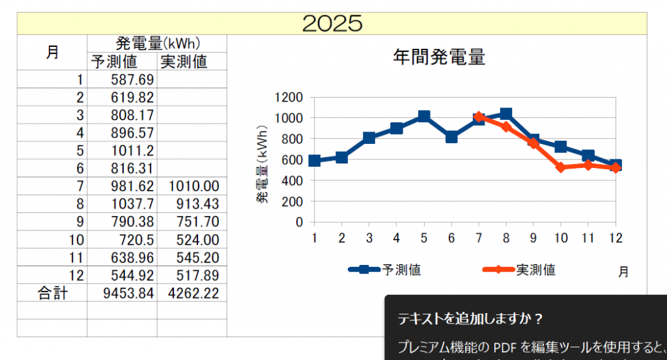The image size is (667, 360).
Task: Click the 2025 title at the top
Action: click(x=332, y=23)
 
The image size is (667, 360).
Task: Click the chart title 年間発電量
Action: click(x=439, y=57)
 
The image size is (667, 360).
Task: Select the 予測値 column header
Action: click(x=122, y=62)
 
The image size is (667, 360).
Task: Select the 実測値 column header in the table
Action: click(x=192, y=62)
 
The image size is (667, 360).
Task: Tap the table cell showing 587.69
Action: click(x=122, y=80)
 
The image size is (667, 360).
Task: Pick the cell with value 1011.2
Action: click(x=122, y=151)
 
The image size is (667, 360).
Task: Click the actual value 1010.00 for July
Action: click(x=192, y=187)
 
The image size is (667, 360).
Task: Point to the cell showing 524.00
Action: click(x=192, y=240)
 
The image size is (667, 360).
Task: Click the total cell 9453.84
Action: click(x=122, y=293)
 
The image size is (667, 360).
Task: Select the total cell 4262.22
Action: click(x=192, y=293)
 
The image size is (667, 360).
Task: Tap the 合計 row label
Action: click(x=52, y=293)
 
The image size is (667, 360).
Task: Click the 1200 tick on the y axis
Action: click(x=291, y=97)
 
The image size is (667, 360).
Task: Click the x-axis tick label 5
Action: click(x=424, y=238)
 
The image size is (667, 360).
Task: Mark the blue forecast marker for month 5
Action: click(x=424, y=117)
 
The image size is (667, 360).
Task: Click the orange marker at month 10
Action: click(x=560, y=167)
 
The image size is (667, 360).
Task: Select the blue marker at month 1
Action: click(x=315, y=161)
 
